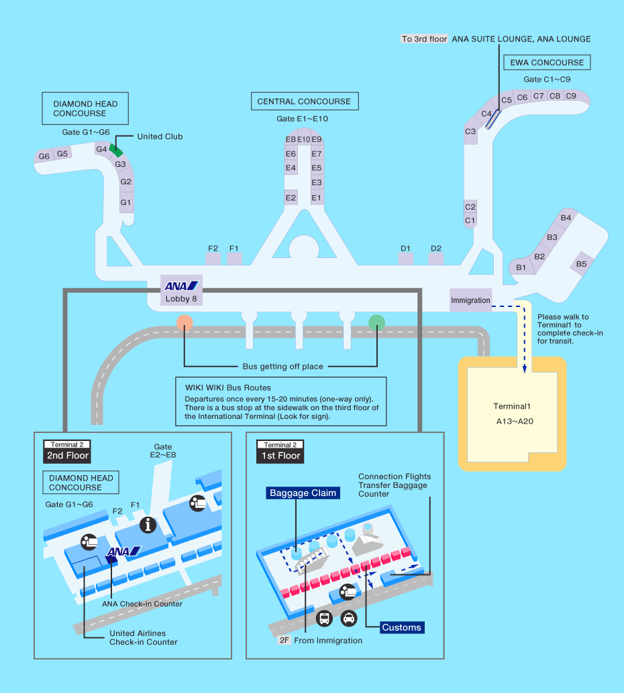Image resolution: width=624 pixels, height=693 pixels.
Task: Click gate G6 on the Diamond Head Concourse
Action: [x=44, y=156]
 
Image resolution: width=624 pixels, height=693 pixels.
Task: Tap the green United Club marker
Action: [x=115, y=148]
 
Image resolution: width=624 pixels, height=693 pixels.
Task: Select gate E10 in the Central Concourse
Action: [x=303, y=139]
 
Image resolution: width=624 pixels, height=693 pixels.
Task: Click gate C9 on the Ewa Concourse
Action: [x=571, y=96]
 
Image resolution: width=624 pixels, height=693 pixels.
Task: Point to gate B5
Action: [x=581, y=264]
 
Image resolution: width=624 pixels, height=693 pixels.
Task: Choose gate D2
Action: [x=436, y=249]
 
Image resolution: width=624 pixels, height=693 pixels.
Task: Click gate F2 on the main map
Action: [x=213, y=249]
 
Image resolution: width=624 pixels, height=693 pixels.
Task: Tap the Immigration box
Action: [x=470, y=300]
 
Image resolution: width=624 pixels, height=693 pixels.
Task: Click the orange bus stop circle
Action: [x=185, y=322]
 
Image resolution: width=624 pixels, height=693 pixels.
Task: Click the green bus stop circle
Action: [x=377, y=322]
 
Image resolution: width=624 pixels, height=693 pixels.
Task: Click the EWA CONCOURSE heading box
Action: [x=547, y=63]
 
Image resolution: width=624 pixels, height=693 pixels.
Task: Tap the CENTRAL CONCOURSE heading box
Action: [x=304, y=102]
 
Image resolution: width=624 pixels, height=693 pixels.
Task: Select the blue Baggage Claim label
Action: [x=302, y=493]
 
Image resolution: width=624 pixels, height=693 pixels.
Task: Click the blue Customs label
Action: [x=401, y=627]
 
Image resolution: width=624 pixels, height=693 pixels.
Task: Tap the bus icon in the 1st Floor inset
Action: [x=324, y=618]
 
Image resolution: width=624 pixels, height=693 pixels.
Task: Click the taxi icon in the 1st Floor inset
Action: [x=349, y=618]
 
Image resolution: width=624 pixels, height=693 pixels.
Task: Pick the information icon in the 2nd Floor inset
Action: [x=148, y=525]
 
